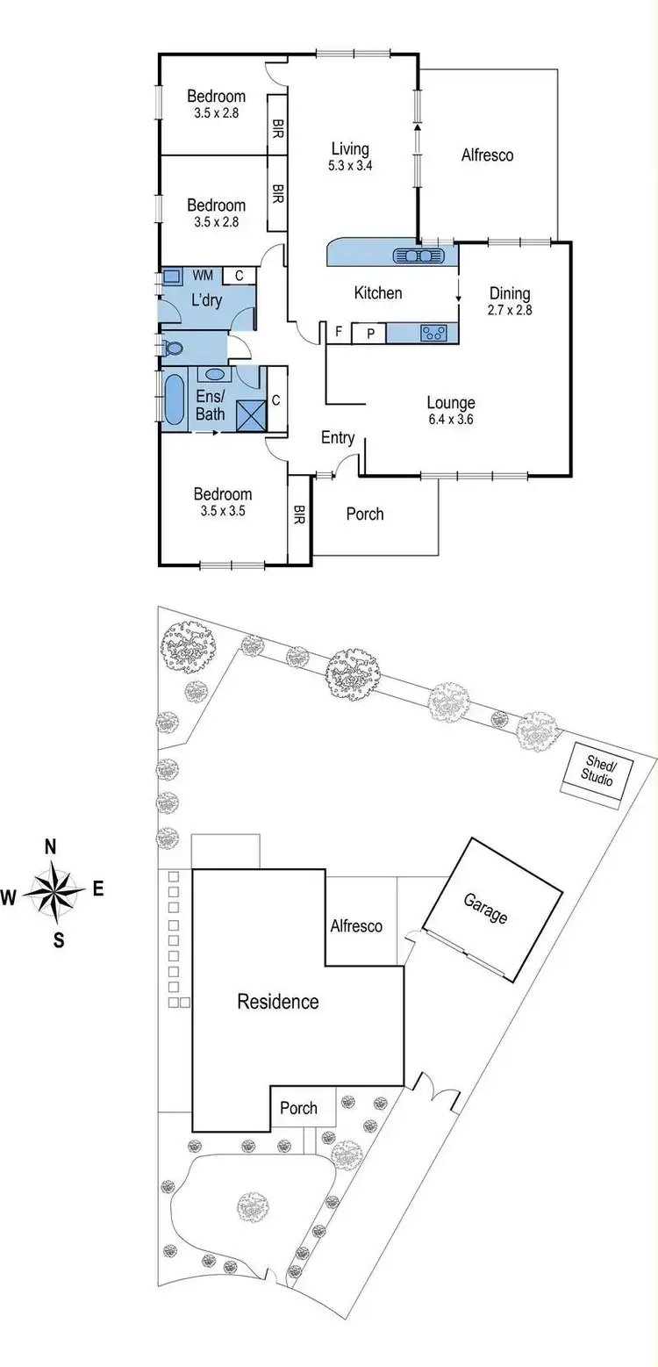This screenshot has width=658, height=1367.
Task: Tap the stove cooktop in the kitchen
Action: pyautogui.click(x=434, y=333)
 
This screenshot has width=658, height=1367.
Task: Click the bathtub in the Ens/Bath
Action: pyautogui.click(x=175, y=400)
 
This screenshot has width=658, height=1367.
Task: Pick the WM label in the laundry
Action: pyautogui.click(x=203, y=276)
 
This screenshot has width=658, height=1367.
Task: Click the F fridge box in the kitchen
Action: pyautogui.click(x=338, y=332)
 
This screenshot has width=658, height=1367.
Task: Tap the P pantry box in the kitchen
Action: pyautogui.click(x=369, y=333)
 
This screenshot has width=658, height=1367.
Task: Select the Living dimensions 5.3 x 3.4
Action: pyautogui.click(x=349, y=166)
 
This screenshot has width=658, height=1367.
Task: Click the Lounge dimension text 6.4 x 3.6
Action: pyautogui.click(x=451, y=419)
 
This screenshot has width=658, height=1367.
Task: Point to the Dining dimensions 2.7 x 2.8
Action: pyautogui.click(x=510, y=310)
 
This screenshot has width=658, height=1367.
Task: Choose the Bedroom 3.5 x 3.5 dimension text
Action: pyautogui.click(x=222, y=510)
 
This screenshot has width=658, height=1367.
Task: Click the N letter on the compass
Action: pyautogui.click(x=51, y=847)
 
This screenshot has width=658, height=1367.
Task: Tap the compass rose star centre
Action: pyautogui.click(x=57, y=891)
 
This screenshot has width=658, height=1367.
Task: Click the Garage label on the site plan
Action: pyautogui.click(x=485, y=910)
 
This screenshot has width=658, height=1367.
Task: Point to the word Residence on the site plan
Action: pyautogui.click(x=278, y=1002)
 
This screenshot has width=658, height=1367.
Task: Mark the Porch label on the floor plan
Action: pyautogui.click(x=364, y=514)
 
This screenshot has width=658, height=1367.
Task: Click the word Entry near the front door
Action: pyautogui.click(x=338, y=437)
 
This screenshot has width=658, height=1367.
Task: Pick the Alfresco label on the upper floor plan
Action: pyautogui.click(x=487, y=155)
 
